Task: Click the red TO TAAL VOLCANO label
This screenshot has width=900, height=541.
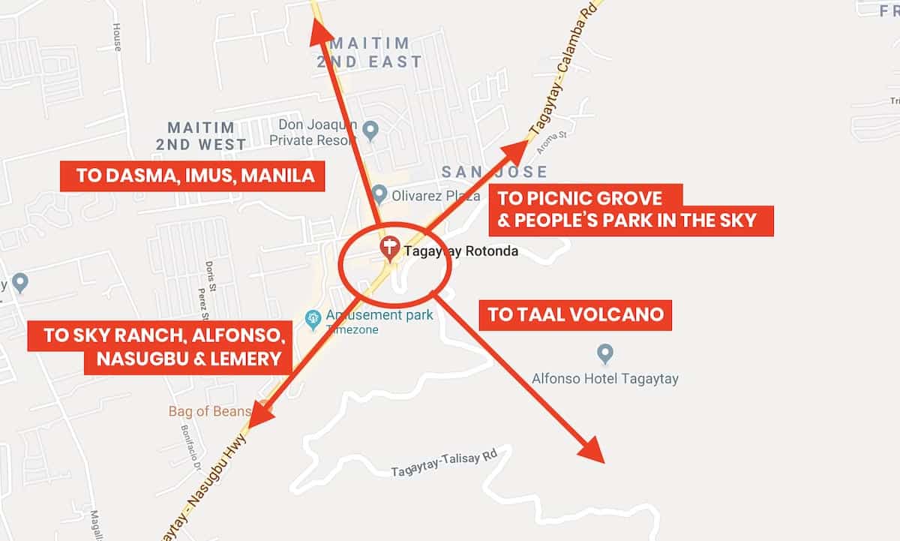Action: click(576, 314)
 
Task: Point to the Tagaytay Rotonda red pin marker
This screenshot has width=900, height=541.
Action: click(389, 248)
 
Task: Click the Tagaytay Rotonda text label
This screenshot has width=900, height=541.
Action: click(461, 251)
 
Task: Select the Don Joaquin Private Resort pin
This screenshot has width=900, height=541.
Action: click(370, 131)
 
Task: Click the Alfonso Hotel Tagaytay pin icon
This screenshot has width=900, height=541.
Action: click(604, 353)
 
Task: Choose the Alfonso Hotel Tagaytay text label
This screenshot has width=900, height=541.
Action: click(604, 378)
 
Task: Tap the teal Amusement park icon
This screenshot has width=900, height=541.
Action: click(313, 320)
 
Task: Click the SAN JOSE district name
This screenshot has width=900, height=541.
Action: click(494, 172)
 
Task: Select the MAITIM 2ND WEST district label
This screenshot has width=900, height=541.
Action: click(201, 136)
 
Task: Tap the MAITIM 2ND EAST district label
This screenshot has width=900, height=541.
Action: click(369, 53)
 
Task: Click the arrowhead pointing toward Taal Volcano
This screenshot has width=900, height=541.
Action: click(592, 450)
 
